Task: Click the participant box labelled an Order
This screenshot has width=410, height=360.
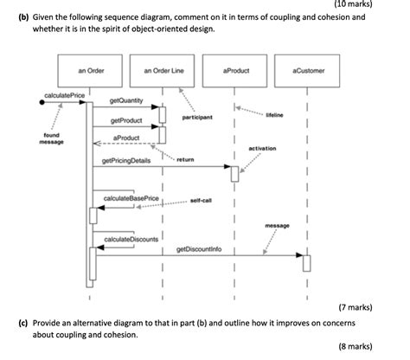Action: [x=90, y=70]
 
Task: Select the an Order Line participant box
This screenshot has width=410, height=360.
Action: [x=163, y=70]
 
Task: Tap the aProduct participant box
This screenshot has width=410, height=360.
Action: [x=235, y=70]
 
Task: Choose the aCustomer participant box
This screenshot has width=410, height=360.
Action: [x=308, y=70]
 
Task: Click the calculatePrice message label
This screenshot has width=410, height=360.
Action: [x=58, y=93]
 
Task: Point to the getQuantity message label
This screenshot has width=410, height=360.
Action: [x=126, y=101]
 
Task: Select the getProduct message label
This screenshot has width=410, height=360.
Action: [x=126, y=120]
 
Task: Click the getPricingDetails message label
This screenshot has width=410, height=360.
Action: [x=126, y=161]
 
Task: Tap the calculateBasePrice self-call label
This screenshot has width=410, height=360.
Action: [x=131, y=198]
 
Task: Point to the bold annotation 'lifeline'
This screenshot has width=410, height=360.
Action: [x=275, y=113]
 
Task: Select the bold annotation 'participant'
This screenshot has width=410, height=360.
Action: [x=198, y=116]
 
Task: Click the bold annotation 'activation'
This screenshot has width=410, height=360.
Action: [x=261, y=148]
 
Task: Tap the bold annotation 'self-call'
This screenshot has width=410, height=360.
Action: [x=202, y=199]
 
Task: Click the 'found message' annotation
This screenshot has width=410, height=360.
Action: [x=51, y=138]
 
